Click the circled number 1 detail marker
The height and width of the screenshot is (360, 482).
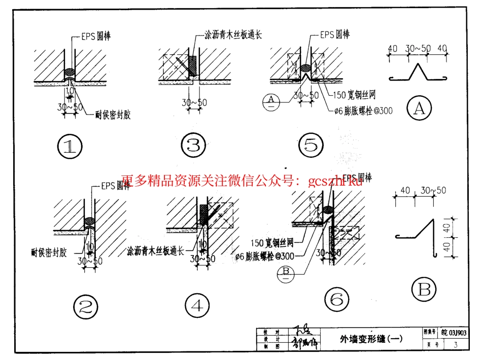70,146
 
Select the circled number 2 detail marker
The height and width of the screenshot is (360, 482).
85,305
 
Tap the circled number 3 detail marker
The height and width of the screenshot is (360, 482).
193,146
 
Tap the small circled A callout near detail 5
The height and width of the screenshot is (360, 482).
272,101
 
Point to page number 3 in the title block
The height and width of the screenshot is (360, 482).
456,345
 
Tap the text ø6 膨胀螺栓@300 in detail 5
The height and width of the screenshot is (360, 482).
363,110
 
